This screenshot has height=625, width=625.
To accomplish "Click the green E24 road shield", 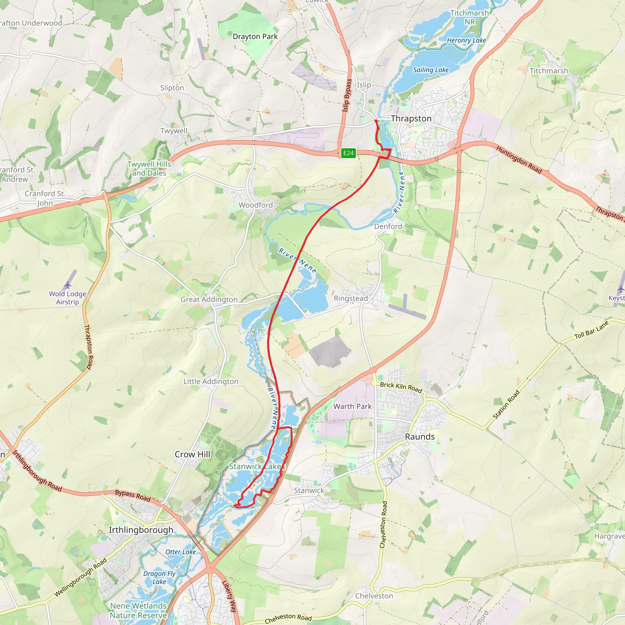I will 349,153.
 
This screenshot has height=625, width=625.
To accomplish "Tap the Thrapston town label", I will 411,119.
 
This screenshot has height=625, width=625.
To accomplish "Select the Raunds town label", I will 420,437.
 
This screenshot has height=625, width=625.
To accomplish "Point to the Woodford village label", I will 255,205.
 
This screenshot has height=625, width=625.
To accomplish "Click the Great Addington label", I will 209,300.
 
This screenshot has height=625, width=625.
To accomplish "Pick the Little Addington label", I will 211,382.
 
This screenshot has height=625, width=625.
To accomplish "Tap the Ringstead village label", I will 351,298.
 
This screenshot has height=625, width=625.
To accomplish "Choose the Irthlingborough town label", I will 141,530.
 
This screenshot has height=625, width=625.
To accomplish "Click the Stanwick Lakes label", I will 257,467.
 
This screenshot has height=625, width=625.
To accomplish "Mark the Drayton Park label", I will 255,37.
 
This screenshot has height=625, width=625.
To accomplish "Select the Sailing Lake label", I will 431,70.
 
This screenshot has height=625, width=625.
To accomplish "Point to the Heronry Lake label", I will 466,41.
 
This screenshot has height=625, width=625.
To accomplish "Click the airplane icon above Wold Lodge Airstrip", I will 67,285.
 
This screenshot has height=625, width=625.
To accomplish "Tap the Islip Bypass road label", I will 347,96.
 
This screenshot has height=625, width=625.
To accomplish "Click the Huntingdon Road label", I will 519,160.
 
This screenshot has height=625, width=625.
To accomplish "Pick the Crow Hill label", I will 193,454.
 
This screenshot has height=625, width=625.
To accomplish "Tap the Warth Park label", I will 352,406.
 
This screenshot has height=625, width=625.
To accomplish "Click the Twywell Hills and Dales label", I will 149,168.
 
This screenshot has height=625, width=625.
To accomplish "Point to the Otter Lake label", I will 181,552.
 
